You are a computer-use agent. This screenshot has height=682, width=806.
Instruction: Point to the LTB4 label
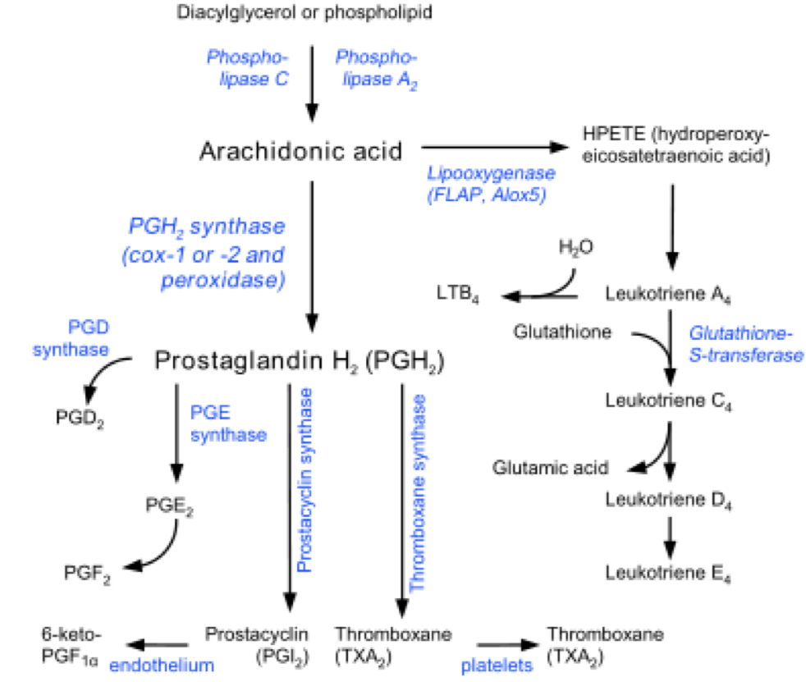click(458, 293)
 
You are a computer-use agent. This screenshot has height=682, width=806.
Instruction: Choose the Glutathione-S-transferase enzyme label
click(744, 344)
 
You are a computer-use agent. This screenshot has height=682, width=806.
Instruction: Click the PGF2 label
click(86, 572)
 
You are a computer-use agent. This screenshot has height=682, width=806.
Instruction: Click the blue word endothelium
click(163, 665)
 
